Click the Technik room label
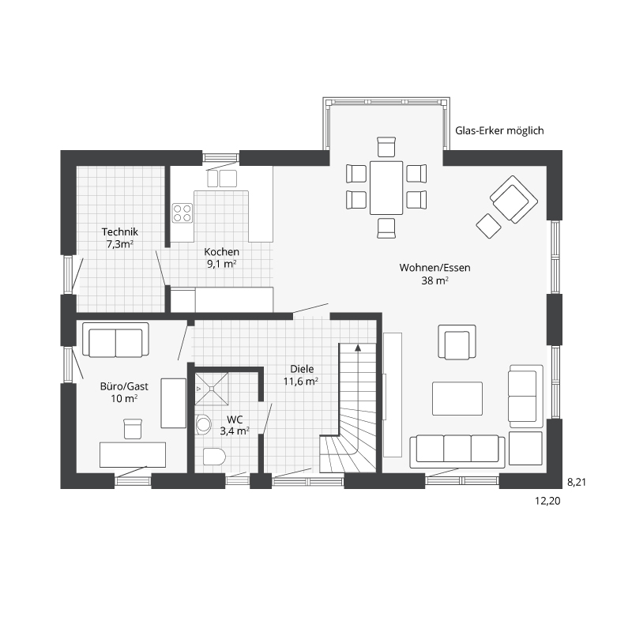(x=120, y=232)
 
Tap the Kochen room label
(x=222, y=252)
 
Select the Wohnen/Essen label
(x=435, y=268)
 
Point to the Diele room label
(x=302, y=369)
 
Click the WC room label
(x=235, y=419)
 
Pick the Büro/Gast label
(x=124, y=386)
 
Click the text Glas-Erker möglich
(x=499, y=130)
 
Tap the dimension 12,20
(x=547, y=501)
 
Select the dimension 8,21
(x=577, y=482)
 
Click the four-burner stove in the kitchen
(x=182, y=213)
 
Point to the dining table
(x=386, y=188)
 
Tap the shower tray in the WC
(x=212, y=389)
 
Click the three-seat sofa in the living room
(x=457, y=451)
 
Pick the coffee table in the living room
(x=457, y=399)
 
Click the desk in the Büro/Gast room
(x=133, y=455)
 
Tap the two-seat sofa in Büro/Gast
(x=115, y=340)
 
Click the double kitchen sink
(x=222, y=179)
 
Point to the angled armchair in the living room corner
(x=513, y=199)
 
